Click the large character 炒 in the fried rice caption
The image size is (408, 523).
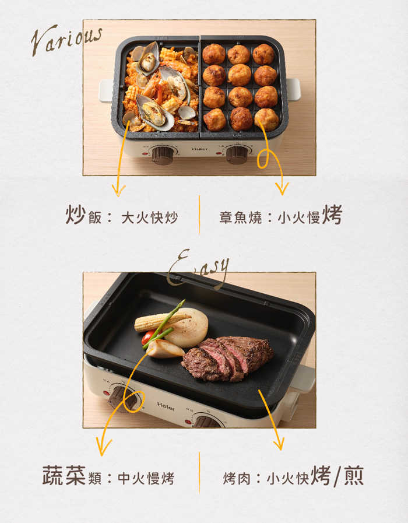point(75,215)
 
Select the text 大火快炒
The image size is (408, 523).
point(149,217)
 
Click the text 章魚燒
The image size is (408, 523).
point(240,217)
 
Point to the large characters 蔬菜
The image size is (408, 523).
point(64,475)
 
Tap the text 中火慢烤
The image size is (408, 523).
point(146,478)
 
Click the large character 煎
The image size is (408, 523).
point(353,475)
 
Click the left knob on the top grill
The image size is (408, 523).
point(163,155)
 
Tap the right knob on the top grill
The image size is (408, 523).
point(237,155)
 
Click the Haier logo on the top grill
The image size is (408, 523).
point(200,149)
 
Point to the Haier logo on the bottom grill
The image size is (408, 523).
point(166,406)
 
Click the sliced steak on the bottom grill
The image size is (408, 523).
point(227,358)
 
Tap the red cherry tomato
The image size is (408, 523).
point(147,337)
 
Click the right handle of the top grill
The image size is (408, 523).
point(293,89)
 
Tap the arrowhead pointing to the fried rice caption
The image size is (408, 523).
point(118,191)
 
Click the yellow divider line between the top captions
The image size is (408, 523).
point(199,215)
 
